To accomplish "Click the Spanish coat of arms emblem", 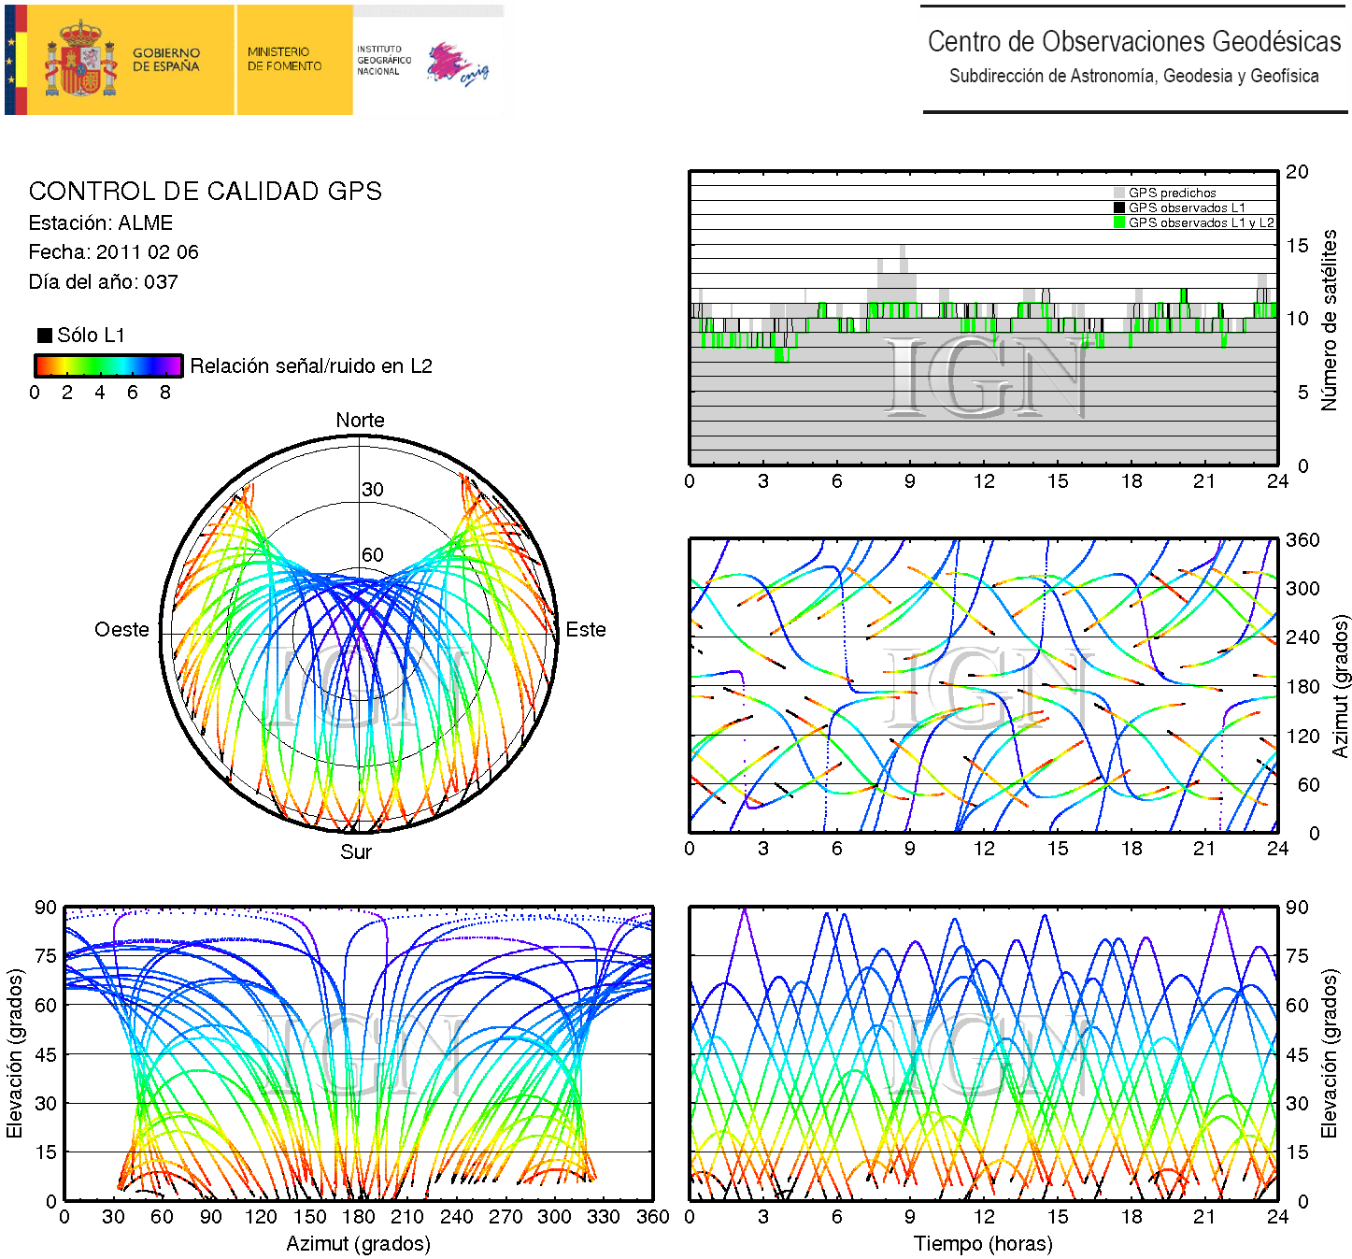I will coord(80,60).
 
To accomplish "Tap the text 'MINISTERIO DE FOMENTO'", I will coord(284,59).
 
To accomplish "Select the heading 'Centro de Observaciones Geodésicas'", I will coord(1133,42).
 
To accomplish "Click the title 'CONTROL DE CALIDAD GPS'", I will coord(206,192).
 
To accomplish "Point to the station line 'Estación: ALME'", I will coord(101,223).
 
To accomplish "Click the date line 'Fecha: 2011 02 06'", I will coord(113,252).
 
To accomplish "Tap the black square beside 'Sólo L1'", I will coord(45,335).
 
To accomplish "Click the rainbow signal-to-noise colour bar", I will coord(108,365).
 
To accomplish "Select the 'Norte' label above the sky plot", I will coord(360,421).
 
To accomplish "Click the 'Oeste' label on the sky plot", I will coord(121,630).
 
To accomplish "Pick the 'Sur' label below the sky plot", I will coord(356,851).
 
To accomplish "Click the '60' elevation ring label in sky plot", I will coord(373,555).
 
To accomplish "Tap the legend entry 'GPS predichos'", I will coord(1172,193).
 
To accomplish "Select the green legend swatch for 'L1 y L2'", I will coord(1119,222).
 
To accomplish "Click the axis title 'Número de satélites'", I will coord(1329,320).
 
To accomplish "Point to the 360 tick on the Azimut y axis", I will coord(1302,540).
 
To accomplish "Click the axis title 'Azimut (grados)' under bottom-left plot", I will coord(358,1244).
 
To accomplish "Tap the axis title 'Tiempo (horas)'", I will coord(983,1244).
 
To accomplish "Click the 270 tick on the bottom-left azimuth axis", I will coord(505,1217).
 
